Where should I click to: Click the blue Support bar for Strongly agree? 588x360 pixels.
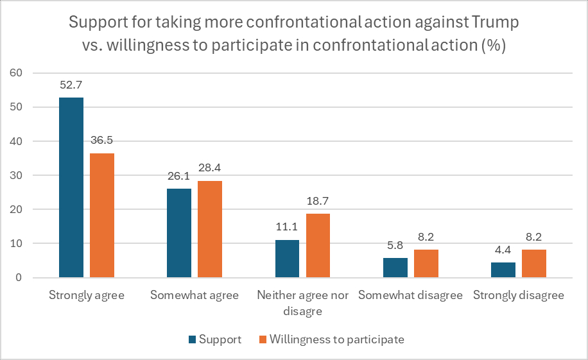[x=71, y=187]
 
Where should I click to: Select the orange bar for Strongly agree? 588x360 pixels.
[x=101, y=215]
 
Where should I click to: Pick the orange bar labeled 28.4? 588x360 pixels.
[x=210, y=229]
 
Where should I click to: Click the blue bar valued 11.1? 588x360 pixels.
[x=287, y=259]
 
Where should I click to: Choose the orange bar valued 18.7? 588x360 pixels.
[x=318, y=246]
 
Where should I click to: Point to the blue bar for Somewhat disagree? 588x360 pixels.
[x=395, y=268]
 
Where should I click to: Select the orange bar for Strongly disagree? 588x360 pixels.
[x=534, y=264]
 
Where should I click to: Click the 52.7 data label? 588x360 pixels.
[x=71, y=85]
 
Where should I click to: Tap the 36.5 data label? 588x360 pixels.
[x=101, y=140]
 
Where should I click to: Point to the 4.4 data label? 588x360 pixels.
[x=503, y=250]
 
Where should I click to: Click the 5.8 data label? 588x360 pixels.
[x=395, y=244]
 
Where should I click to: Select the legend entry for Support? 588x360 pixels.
[x=215, y=339]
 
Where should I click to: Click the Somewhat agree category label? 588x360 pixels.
[x=195, y=295]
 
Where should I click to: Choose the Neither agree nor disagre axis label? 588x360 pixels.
[x=302, y=303]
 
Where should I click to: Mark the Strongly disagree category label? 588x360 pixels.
[x=519, y=295]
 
